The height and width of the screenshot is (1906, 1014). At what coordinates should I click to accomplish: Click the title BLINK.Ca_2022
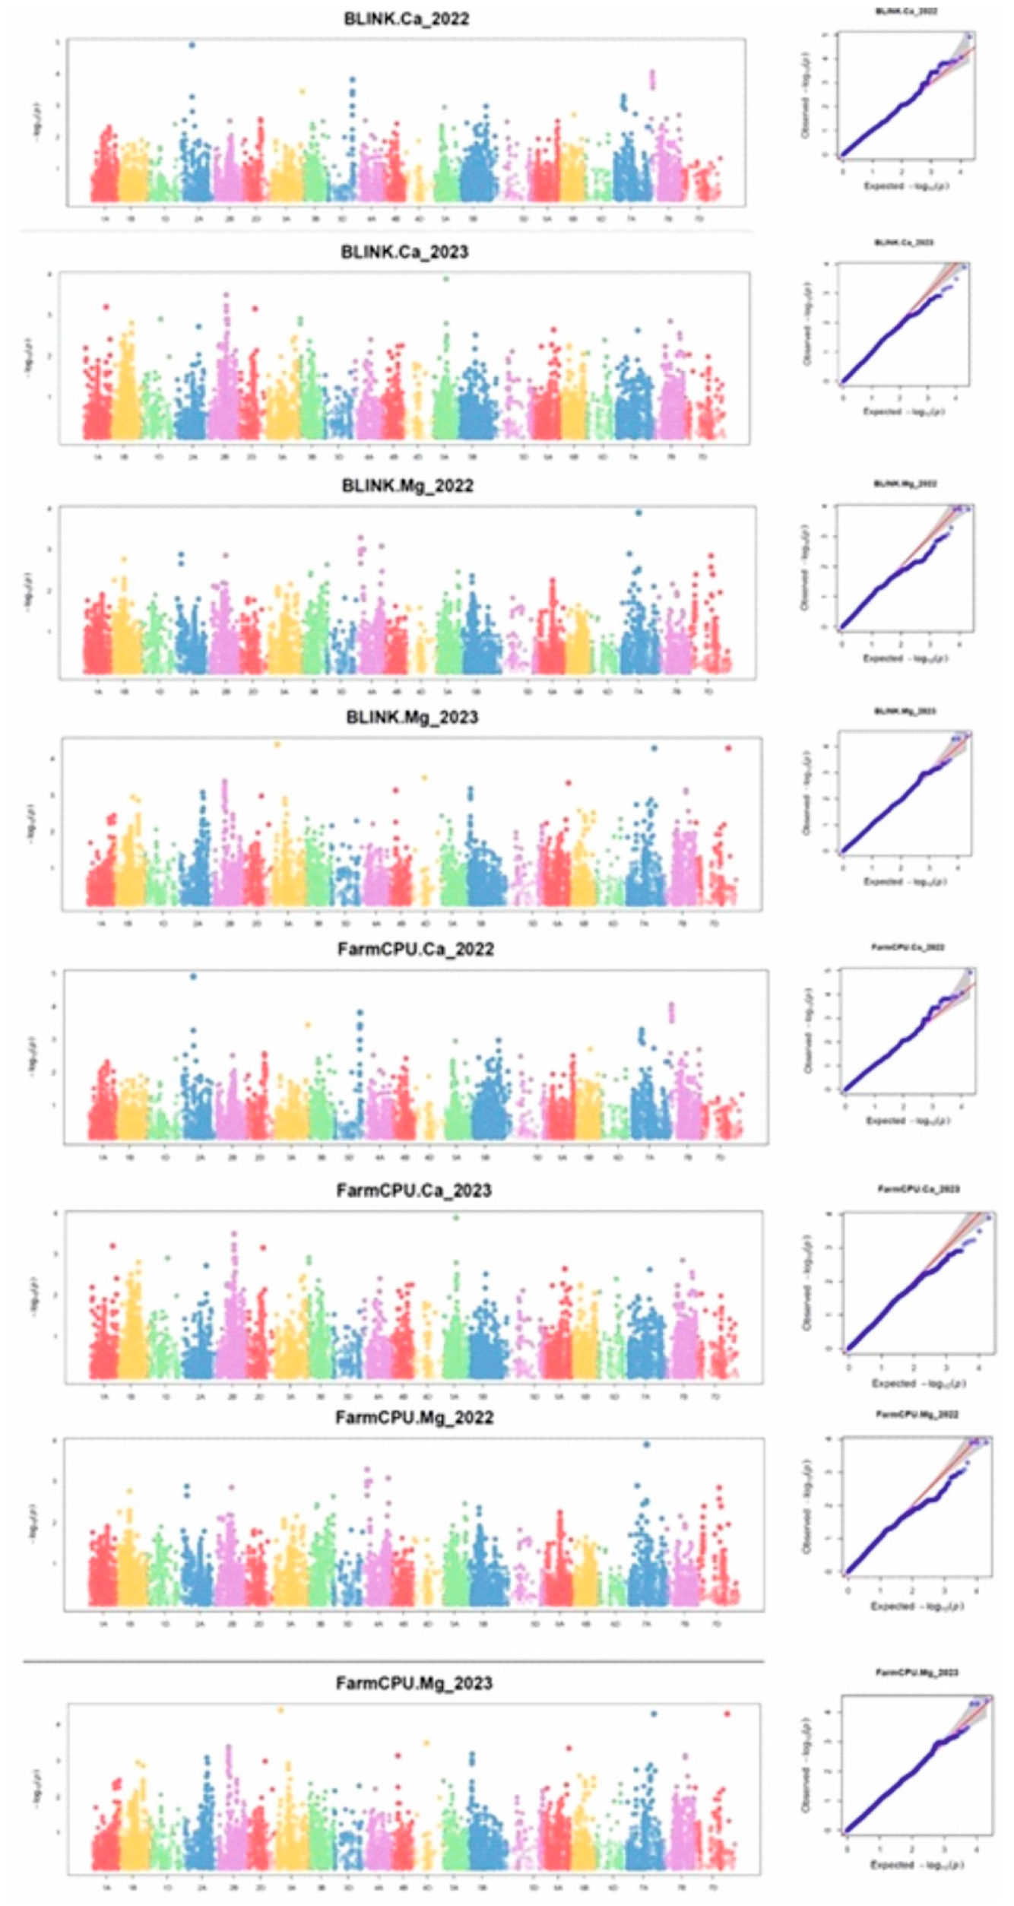click(x=406, y=19)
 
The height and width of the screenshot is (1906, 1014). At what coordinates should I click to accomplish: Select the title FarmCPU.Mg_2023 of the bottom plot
click(x=414, y=1683)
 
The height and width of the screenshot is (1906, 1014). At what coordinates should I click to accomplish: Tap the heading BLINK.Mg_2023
click(x=411, y=717)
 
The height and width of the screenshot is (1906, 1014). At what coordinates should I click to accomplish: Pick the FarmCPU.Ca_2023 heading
click(x=414, y=1191)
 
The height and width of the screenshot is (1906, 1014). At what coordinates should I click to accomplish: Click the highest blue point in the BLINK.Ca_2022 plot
click(x=192, y=45)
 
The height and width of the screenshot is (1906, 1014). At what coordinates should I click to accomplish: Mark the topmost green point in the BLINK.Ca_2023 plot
click(x=446, y=279)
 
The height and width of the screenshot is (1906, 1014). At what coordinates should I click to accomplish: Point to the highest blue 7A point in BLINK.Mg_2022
click(x=639, y=513)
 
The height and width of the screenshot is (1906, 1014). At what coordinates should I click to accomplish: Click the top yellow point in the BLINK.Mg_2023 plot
click(x=277, y=744)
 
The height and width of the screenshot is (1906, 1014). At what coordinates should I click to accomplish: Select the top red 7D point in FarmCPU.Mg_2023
click(x=727, y=1714)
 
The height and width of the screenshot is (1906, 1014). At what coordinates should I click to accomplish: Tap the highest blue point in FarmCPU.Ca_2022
click(x=193, y=977)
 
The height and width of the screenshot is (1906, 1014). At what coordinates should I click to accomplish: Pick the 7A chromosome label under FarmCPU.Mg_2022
click(x=646, y=1624)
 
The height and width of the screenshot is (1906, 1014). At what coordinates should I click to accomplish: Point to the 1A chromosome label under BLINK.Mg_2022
click(x=97, y=693)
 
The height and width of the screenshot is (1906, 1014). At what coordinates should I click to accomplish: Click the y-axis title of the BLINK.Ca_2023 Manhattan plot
click(x=30, y=357)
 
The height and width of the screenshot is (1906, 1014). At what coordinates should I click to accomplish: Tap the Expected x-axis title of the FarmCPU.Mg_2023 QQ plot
click(x=918, y=1865)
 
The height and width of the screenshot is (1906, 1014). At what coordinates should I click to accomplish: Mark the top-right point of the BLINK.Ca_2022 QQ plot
click(x=968, y=36)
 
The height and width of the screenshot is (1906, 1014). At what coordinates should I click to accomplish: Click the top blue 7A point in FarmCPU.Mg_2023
click(x=653, y=1714)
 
